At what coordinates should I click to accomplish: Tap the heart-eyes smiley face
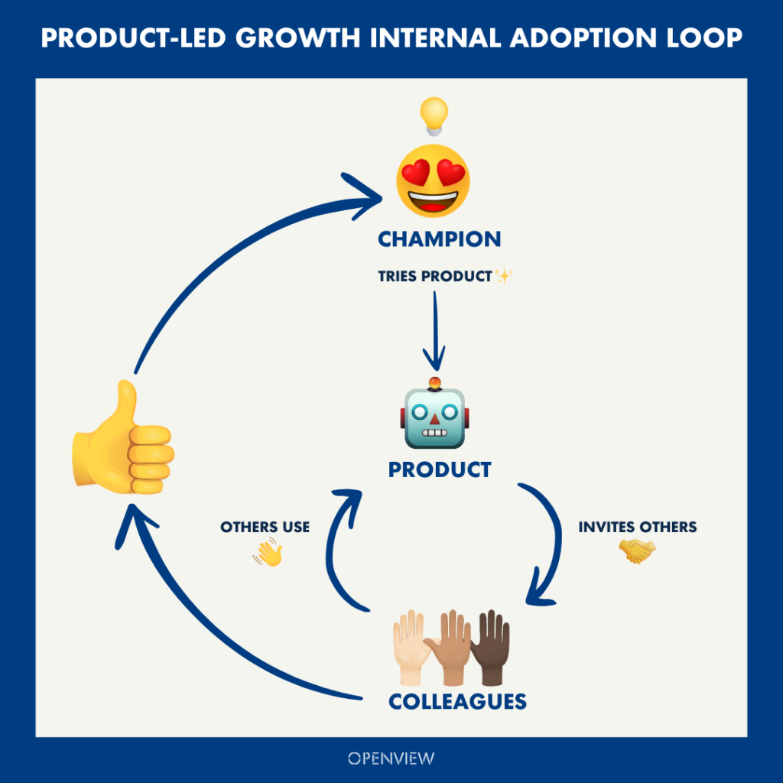tap(433, 180)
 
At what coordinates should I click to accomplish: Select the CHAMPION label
tap(439, 239)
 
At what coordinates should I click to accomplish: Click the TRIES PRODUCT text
tap(434, 276)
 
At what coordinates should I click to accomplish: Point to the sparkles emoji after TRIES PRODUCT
tap(502, 275)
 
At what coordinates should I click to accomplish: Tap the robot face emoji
tap(434, 417)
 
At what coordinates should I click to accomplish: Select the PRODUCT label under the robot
tap(439, 469)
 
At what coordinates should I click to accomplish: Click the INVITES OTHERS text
tap(637, 528)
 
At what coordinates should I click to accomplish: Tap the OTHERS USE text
tap(265, 528)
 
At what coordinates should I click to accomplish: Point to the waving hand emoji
tap(267, 552)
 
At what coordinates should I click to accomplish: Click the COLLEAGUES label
tap(457, 701)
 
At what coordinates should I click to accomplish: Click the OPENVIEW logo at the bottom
tap(391, 759)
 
